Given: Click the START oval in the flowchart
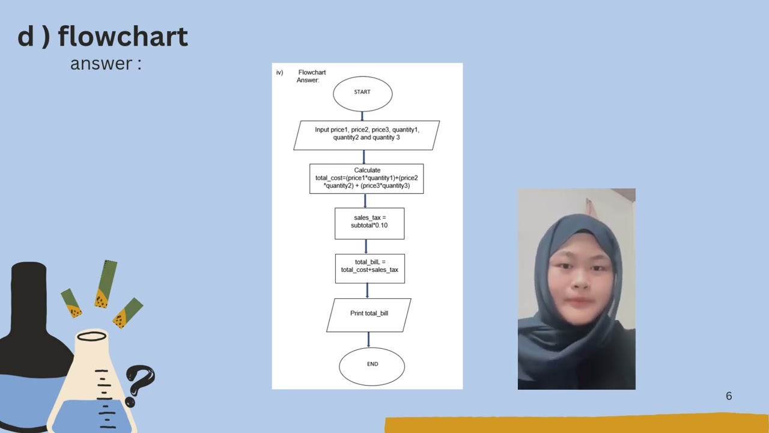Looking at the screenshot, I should pyautogui.click(x=362, y=93).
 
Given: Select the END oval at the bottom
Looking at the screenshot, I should pyautogui.click(x=372, y=366).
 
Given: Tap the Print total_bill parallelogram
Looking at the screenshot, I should pyautogui.click(x=369, y=315).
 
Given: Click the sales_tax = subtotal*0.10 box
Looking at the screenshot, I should pyautogui.click(x=369, y=223).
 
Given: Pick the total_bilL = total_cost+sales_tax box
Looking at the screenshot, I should pyautogui.click(x=369, y=268).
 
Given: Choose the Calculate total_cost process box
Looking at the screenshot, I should pyautogui.click(x=366, y=179).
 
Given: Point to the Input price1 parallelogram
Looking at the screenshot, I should pyautogui.click(x=366, y=135).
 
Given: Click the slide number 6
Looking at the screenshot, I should pyautogui.click(x=729, y=396).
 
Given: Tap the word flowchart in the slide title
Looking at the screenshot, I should pyautogui.click(x=123, y=37).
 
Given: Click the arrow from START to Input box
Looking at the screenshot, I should pyautogui.click(x=362, y=116).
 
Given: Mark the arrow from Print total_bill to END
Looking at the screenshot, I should pyautogui.click(x=368, y=340).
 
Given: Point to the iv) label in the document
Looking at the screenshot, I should pyautogui.click(x=279, y=73).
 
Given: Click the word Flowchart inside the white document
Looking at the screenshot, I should pyautogui.click(x=312, y=73).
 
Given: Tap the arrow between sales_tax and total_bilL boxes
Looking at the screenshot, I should pyautogui.click(x=366, y=246).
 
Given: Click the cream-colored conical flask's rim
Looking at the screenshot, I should pyautogui.click(x=91, y=337).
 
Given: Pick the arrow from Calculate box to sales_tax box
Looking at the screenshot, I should pyautogui.click(x=365, y=200).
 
